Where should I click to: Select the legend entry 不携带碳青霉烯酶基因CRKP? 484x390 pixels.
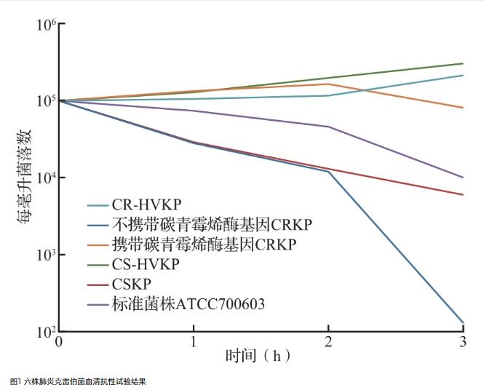tap(204, 225)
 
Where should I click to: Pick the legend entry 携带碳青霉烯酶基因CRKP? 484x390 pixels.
tap(204, 244)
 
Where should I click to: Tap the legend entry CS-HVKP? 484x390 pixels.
tap(145, 264)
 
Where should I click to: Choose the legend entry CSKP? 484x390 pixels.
tap(132, 284)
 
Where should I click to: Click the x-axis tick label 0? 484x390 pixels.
tap(58, 341)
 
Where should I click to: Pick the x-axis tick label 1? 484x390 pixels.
tap(194, 341)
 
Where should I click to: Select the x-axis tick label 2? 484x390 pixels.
tap(328, 341)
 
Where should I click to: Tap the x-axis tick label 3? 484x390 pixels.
tap(464, 341)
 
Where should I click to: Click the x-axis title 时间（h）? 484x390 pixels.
tap(258, 357)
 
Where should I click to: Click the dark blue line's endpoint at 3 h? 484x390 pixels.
tap(464, 322)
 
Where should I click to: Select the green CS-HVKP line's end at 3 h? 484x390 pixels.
tap(464, 63)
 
